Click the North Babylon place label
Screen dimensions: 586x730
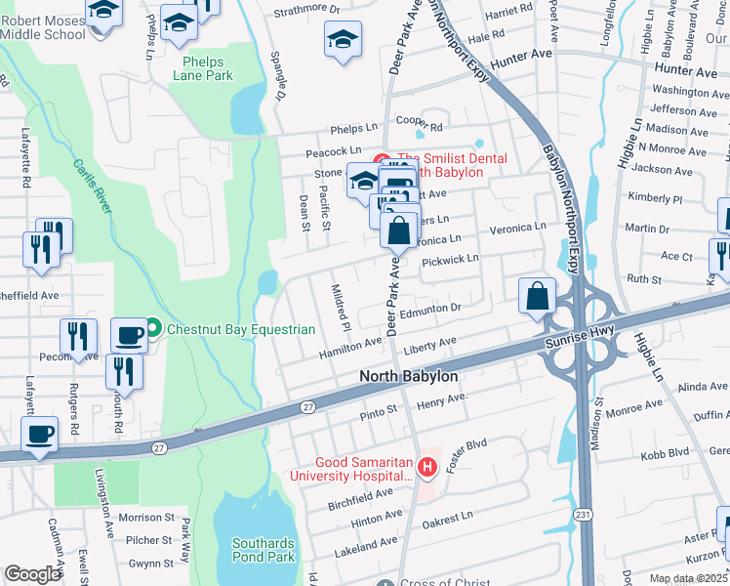408,376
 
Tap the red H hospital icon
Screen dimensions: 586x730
426,469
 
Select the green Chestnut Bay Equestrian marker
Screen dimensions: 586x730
153,329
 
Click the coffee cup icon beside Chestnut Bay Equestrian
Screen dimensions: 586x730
129,335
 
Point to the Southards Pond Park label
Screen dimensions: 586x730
263,550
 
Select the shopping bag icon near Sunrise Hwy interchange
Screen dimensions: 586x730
537,297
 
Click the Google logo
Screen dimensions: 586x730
32,574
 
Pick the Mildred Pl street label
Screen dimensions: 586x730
341,305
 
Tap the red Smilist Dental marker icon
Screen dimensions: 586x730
382,159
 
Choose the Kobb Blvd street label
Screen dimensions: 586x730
665,455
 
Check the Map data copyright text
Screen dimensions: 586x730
689,578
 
